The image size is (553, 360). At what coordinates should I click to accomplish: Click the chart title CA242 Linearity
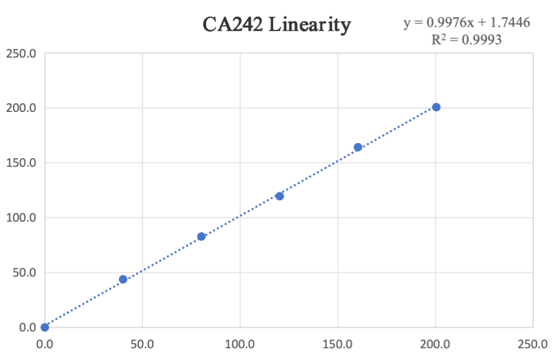click(x=276, y=25)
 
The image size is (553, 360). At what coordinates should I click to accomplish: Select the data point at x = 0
click(x=45, y=327)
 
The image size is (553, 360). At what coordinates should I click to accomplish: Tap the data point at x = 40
click(x=123, y=279)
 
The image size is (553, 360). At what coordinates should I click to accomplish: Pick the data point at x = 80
click(x=201, y=237)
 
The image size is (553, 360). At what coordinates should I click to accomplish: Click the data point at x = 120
click(x=279, y=196)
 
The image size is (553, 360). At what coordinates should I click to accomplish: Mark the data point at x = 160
click(x=358, y=147)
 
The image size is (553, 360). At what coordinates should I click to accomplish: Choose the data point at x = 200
click(x=436, y=107)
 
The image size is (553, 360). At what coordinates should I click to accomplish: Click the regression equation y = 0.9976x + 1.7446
click(x=466, y=22)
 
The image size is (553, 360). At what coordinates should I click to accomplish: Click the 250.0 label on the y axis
click(x=21, y=54)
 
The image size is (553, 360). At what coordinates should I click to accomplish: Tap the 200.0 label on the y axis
click(x=21, y=108)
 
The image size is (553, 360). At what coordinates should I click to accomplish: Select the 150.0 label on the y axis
click(x=21, y=163)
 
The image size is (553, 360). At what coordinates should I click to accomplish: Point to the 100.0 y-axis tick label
click(x=21, y=217)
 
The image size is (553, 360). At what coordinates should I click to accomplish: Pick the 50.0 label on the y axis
click(x=24, y=272)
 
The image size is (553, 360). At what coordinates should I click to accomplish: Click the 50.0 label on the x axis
click(x=142, y=345)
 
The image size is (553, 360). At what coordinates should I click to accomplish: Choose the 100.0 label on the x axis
click(x=240, y=345)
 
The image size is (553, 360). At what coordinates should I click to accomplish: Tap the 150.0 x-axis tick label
click(x=338, y=345)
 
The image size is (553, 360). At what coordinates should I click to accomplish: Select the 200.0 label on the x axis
click(x=435, y=345)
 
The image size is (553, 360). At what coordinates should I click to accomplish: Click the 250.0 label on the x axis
click(x=533, y=345)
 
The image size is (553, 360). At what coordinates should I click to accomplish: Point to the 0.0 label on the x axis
click(x=45, y=345)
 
